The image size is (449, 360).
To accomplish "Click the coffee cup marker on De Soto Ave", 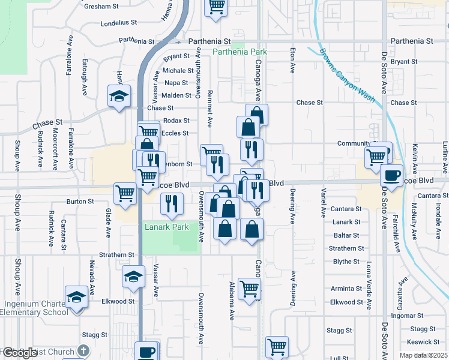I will pos(392,176).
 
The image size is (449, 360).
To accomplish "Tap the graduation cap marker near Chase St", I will pos(119,96).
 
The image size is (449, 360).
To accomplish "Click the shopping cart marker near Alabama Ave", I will pos(249,290).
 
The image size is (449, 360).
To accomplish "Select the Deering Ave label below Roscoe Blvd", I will pos(293,204).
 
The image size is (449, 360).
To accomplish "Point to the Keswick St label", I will pos(423,342).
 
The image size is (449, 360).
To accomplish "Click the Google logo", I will pos(19,353).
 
